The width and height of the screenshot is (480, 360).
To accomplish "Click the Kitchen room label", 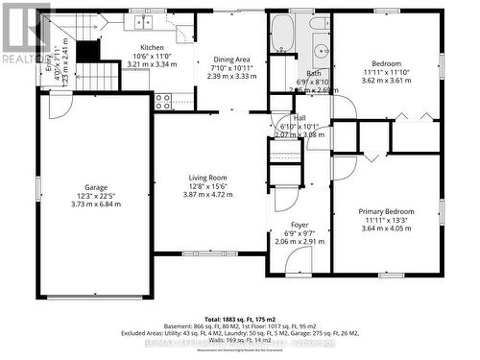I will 153,48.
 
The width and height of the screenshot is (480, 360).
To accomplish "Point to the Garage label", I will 95,189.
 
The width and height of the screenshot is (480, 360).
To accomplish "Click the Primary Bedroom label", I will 387,211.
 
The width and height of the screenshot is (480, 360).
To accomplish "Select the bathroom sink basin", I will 320,45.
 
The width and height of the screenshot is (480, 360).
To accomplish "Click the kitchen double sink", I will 150,21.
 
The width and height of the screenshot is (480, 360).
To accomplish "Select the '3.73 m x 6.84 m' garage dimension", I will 95,205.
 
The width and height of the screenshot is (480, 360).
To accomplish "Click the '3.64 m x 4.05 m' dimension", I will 387,228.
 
